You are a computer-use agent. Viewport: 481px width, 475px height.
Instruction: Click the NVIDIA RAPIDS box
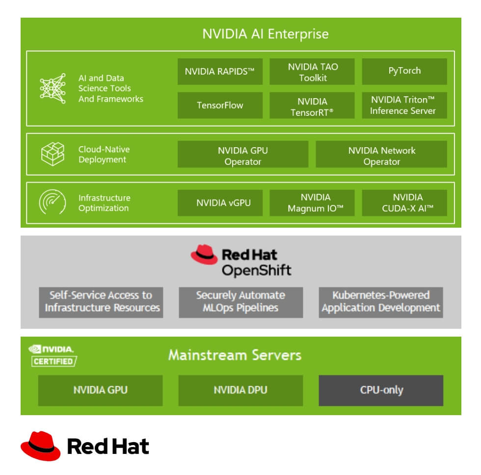tap(220, 72)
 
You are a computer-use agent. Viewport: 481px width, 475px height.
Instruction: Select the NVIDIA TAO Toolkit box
tap(312, 72)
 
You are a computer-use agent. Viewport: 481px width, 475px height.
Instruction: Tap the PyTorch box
tap(404, 72)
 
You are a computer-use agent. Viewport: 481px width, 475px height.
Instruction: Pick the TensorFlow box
tap(220, 105)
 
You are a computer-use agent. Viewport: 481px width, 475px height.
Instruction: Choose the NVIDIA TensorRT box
tap(312, 105)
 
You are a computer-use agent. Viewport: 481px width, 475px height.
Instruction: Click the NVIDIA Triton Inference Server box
tap(404, 105)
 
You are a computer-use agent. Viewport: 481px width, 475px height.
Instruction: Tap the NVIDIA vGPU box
tap(220, 203)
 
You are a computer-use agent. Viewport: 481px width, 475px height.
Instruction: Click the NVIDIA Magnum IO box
tap(312, 203)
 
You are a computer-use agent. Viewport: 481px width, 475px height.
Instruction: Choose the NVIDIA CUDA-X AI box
tap(404, 203)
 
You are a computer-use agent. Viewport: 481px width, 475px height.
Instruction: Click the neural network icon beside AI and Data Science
tap(53, 88)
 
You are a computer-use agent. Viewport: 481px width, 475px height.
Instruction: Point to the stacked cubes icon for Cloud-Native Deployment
tap(53, 154)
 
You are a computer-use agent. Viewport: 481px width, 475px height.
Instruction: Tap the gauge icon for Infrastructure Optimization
tap(53, 202)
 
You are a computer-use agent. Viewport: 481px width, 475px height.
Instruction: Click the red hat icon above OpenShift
tap(204, 255)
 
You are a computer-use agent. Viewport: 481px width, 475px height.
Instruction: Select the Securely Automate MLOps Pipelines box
tap(240, 302)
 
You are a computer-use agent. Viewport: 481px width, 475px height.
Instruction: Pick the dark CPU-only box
tap(381, 390)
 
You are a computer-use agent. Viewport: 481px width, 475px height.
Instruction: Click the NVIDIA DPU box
tap(240, 390)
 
